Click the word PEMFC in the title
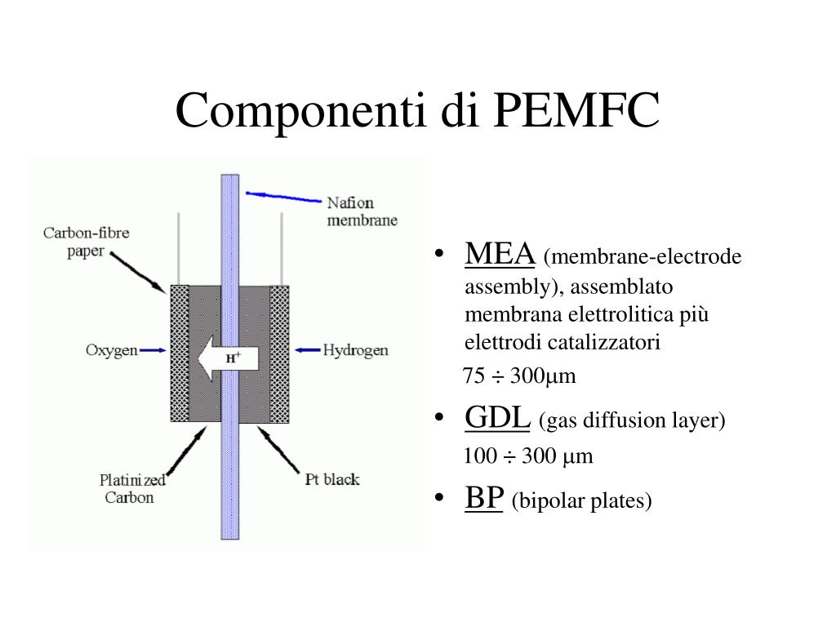point(576,111)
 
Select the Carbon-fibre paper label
point(87,242)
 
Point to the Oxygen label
point(111,350)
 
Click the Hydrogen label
point(355,350)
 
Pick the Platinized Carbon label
point(132,487)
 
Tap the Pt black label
point(331,479)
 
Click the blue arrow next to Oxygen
point(153,350)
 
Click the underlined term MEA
point(500,254)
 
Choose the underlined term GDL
point(498,418)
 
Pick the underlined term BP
point(483,498)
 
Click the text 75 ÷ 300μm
point(519,376)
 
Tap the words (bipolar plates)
point(581,501)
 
